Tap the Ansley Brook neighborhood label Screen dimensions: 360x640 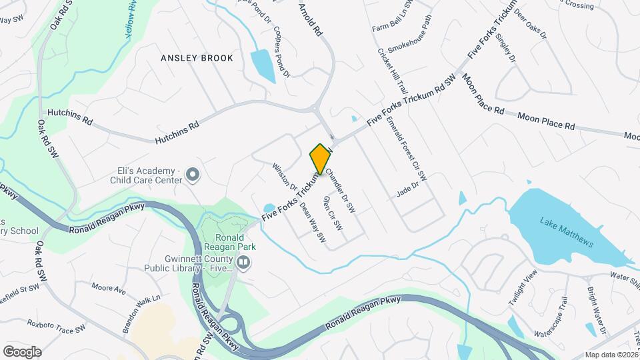tap(197, 58)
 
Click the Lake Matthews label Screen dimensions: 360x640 tap(567, 233)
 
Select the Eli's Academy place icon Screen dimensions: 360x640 tap(193, 175)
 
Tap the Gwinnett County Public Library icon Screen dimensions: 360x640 tap(243, 263)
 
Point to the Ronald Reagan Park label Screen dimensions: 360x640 tap(233, 243)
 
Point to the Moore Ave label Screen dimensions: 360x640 tap(109, 289)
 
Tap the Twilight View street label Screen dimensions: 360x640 tap(522, 289)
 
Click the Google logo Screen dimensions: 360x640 tap(22, 351)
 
